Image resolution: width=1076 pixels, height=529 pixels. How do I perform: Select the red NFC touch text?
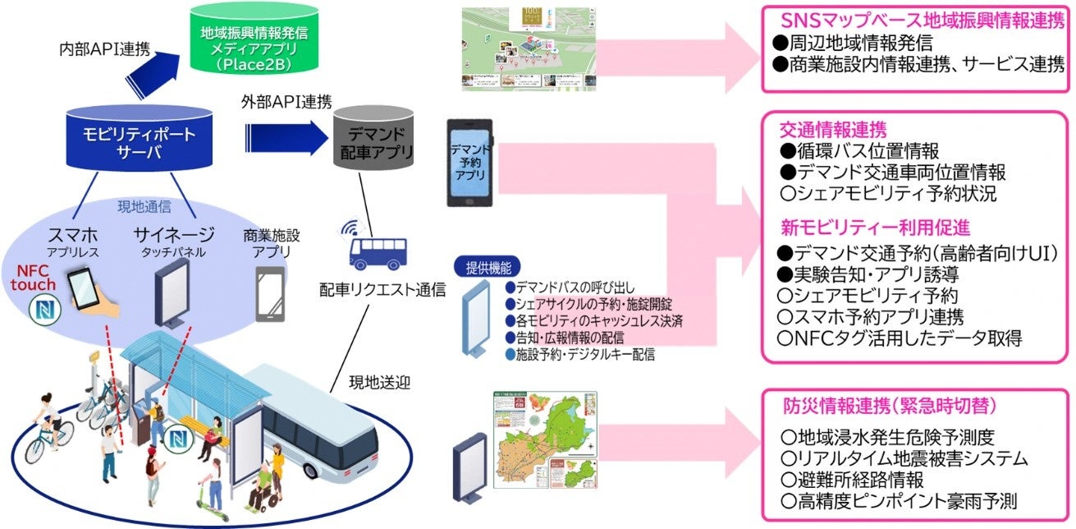pyautogui.click(x=34, y=277)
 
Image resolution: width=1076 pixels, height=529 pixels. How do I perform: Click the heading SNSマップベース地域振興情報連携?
pyautogui.click(x=913, y=21)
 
